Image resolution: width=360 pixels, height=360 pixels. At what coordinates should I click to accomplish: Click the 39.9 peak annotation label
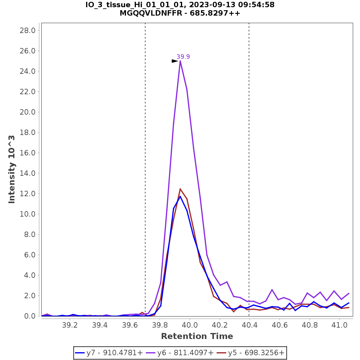[x=183, y=57]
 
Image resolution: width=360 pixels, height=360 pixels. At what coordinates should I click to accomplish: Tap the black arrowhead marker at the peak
[x=175, y=61]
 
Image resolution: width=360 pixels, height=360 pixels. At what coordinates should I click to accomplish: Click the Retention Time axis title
[x=197, y=336]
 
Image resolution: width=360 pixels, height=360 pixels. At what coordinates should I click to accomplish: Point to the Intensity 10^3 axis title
[x=12, y=169]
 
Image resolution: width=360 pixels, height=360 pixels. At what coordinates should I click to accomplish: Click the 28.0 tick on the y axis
[x=27, y=31]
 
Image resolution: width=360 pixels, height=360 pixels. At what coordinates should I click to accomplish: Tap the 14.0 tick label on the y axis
[x=27, y=173]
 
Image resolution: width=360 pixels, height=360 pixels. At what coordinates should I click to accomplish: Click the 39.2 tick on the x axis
[x=70, y=325]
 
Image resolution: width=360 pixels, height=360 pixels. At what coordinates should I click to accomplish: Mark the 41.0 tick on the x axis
[x=339, y=325]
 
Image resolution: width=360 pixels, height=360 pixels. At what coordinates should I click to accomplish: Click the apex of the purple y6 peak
[x=180, y=61]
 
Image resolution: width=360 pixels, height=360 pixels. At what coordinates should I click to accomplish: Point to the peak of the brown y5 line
[x=180, y=189]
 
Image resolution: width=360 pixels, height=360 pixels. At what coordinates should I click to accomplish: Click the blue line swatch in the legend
[x=80, y=353]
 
